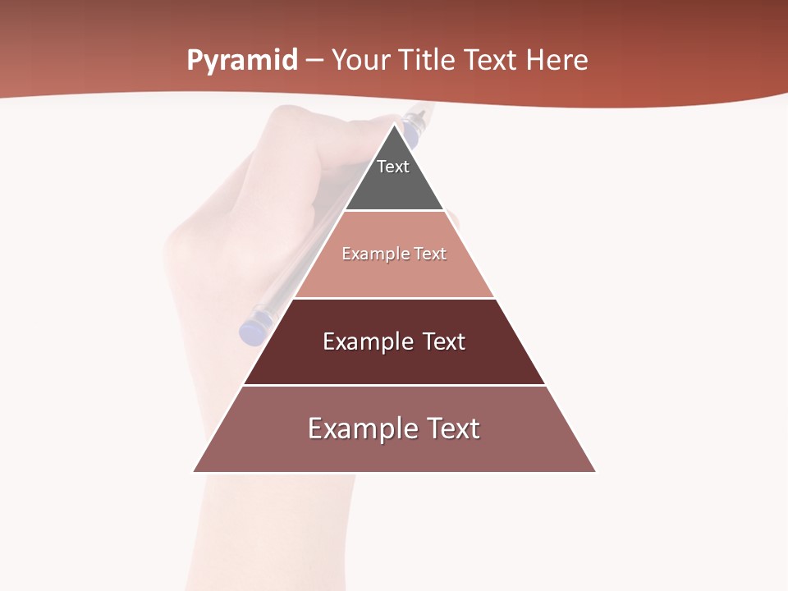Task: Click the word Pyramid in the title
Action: coord(241,61)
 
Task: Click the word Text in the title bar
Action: coord(491,60)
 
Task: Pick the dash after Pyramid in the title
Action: coord(314,61)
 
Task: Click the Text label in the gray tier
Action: coord(393,167)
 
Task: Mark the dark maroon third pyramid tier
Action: coord(394,361)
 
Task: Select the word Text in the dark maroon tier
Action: coord(444,341)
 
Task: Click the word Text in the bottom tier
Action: coord(452,428)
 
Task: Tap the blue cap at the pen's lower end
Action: coord(250,329)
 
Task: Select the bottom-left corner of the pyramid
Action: coord(195,471)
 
